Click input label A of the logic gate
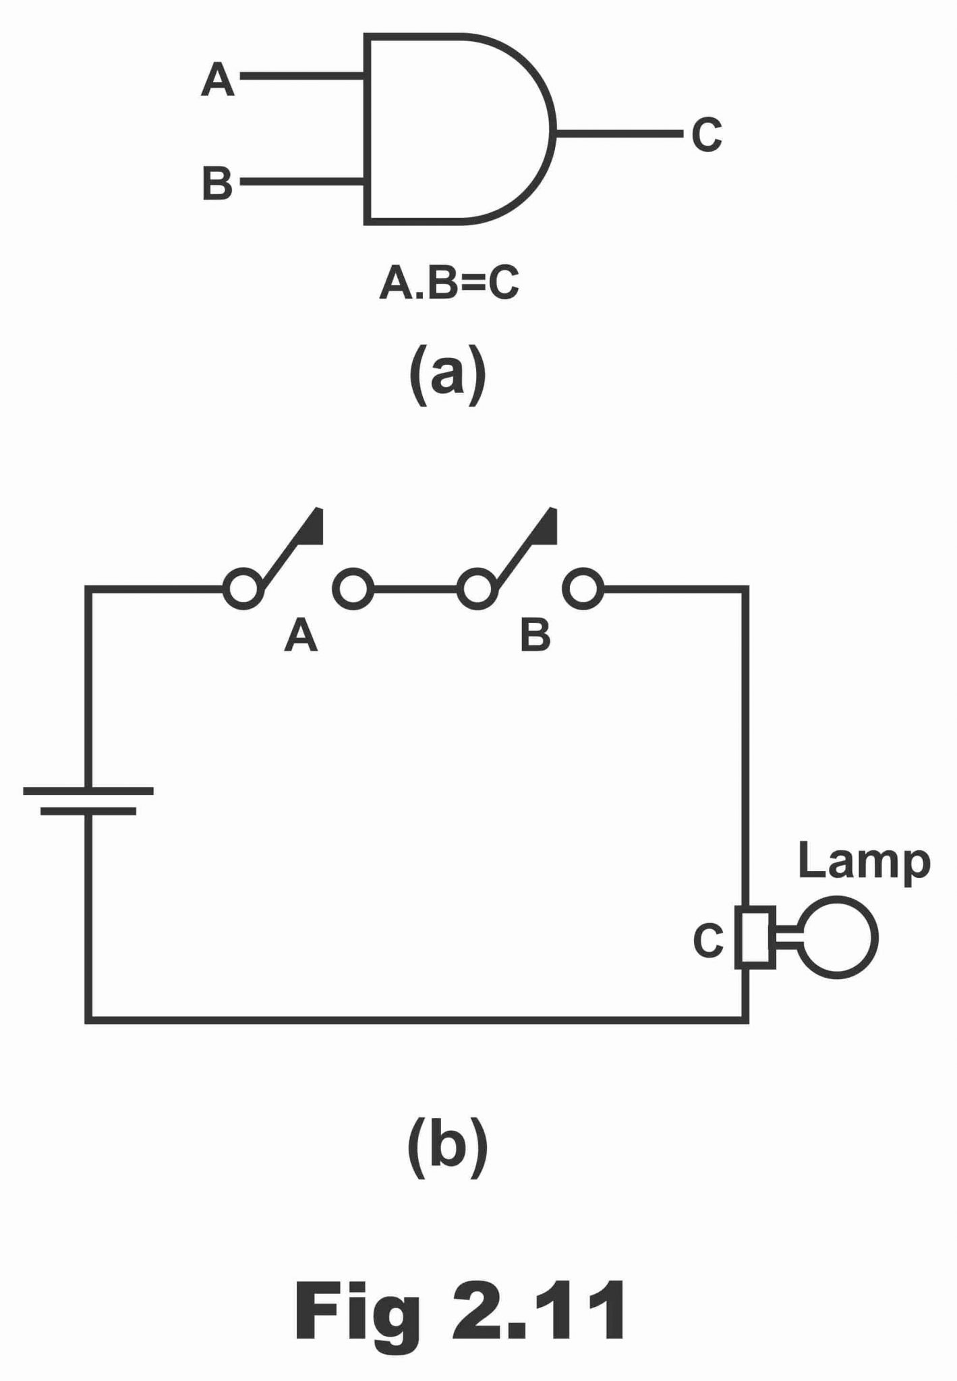click(217, 80)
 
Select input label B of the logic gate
click(216, 183)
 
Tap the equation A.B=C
click(449, 284)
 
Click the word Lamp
click(864, 862)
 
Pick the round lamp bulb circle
click(837, 937)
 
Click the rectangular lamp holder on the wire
click(755, 937)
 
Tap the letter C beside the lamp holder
click(708, 940)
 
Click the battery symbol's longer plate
click(88, 790)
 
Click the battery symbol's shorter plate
click(88, 811)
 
